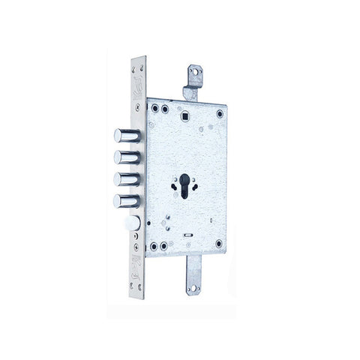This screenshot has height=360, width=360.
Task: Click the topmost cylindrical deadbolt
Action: point(124,135)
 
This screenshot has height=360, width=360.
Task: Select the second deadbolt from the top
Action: point(124,157)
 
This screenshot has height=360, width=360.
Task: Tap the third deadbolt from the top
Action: point(124,180)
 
